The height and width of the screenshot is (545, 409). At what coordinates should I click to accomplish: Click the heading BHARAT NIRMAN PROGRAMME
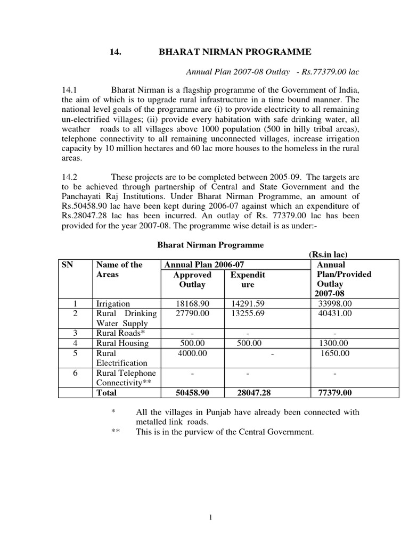pos(235,52)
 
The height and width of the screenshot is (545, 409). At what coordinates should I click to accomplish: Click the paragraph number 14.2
pos(70,177)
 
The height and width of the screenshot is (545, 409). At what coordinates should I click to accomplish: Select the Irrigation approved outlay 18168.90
pos(192,303)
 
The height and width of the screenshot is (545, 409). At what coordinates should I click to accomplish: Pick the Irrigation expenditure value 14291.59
pos(248,303)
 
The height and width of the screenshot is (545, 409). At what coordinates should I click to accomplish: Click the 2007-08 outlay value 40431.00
pos(334,313)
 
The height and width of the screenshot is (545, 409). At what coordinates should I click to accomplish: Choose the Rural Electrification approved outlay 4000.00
pos(192,353)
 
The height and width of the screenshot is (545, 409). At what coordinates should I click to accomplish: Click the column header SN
pos(67,265)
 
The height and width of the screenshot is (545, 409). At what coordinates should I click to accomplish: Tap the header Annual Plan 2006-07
pos(204,265)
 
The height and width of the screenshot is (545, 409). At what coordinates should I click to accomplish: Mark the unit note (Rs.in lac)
pos(328,255)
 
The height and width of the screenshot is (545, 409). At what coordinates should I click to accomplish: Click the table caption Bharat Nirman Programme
pos(210,245)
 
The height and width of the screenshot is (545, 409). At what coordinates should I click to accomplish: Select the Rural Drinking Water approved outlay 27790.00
pos(192,313)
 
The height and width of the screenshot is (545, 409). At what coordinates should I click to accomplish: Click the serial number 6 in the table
pos(75,373)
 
